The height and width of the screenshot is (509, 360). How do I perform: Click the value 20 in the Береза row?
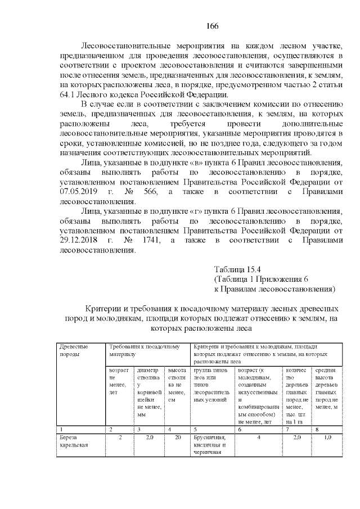(x=178, y=436)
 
